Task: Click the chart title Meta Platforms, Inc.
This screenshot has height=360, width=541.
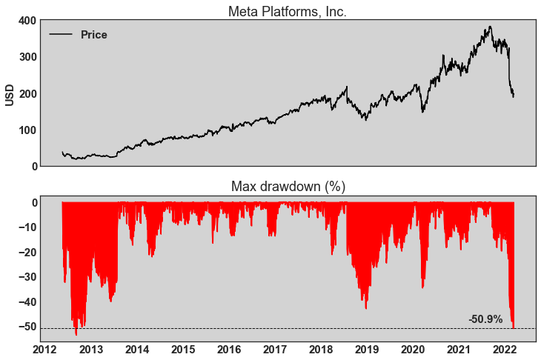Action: (288, 11)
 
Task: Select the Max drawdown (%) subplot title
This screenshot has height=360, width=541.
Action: (288, 186)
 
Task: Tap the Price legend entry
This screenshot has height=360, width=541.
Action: (93, 35)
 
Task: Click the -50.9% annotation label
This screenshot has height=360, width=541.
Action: (485, 319)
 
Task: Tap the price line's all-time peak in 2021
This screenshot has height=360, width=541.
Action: (490, 27)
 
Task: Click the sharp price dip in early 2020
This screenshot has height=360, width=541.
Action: (423, 112)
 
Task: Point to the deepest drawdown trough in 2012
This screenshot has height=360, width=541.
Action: (76, 334)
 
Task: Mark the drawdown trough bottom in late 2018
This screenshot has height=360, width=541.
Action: (365, 308)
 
